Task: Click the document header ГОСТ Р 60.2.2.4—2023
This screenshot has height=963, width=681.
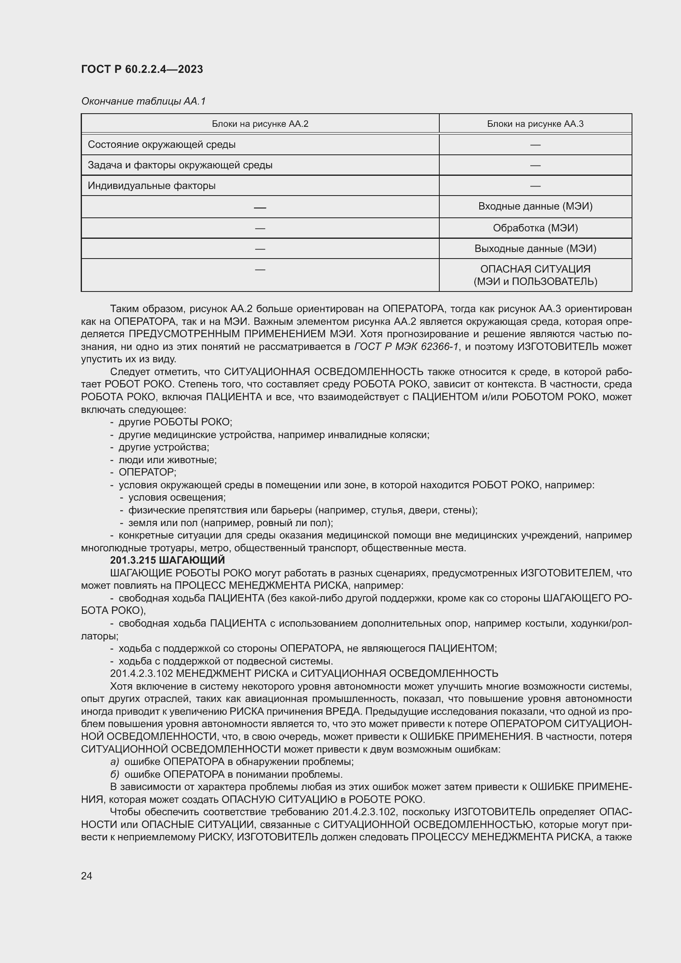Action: [x=142, y=69]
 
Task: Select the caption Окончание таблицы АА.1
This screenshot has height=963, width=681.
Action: [x=143, y=101]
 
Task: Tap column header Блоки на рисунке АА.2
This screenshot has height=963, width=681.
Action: [x=260, y=124]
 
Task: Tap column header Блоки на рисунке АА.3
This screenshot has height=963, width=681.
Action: [x=535, y=124]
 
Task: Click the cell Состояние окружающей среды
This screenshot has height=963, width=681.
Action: [x=161, y=145]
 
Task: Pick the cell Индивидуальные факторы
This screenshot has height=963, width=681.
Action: [x=152, y=185]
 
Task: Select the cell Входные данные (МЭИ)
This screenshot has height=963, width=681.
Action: [x=535, y=206]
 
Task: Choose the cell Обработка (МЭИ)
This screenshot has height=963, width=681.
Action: [x=535, y=228]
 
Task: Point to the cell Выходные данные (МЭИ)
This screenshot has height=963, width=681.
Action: [x=535, y=248]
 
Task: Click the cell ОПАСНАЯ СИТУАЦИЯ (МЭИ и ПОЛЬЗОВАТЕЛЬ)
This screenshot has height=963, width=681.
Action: [x=535, y=275]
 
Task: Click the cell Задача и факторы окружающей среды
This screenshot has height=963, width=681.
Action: [x=180, y=165]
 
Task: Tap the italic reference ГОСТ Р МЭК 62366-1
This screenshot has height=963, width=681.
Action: [x=406, y=346]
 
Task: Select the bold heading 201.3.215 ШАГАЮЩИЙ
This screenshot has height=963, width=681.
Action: [x=167, y=560]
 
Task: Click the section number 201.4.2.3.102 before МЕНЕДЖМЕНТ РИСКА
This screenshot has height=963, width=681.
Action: [x=141, y=673]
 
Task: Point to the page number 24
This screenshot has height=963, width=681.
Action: [x=86, y=875]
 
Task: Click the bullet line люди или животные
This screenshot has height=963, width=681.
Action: [x=167, y=460]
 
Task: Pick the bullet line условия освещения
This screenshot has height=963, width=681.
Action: [x=177, y=497]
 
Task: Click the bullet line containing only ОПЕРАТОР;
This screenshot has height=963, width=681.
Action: [x=147, y=472]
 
